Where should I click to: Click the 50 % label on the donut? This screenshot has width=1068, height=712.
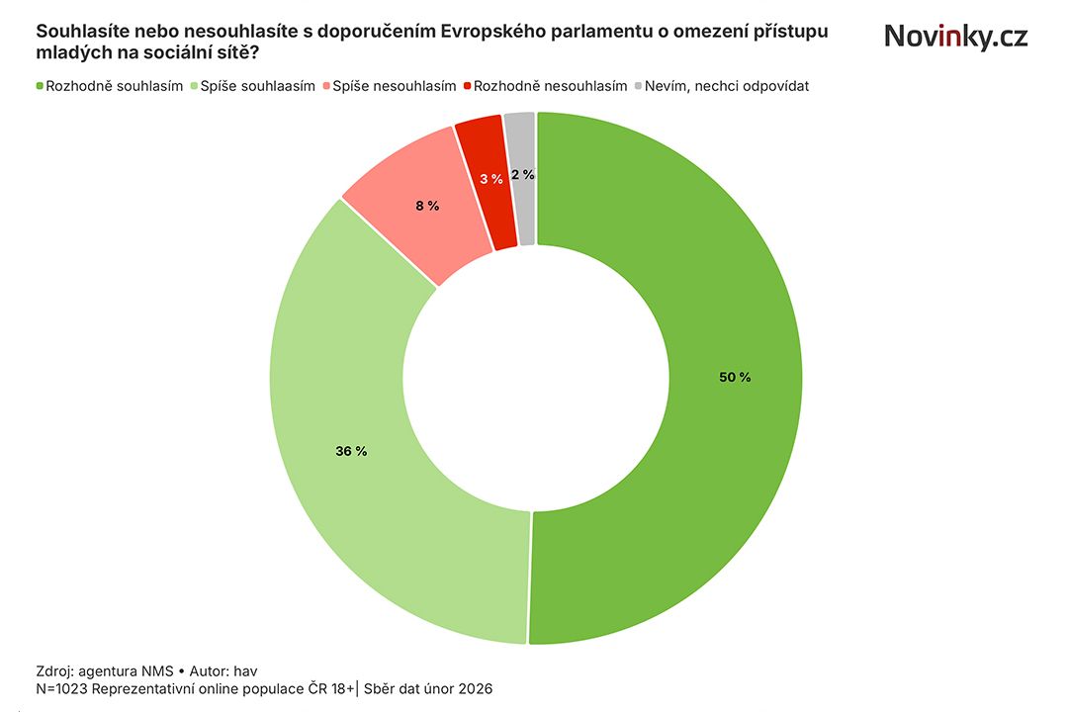736,377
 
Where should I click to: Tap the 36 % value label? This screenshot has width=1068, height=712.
351,451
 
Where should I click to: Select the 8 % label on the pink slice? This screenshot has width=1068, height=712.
426,206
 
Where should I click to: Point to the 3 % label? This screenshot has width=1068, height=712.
490,179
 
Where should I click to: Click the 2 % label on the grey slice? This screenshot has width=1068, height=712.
523,174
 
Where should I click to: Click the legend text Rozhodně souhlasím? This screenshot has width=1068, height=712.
115,86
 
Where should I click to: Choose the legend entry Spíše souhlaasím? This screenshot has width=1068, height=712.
258,86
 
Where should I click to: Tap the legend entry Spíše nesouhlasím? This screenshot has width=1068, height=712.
394,86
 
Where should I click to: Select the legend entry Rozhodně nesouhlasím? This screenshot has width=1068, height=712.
550,86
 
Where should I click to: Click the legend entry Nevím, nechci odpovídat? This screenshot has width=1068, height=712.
727,86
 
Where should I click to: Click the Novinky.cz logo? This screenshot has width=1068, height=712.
955,37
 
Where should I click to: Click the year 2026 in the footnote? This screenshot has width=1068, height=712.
473,688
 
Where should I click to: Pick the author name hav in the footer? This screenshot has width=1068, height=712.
245,669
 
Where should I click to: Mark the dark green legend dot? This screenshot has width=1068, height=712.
41,86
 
